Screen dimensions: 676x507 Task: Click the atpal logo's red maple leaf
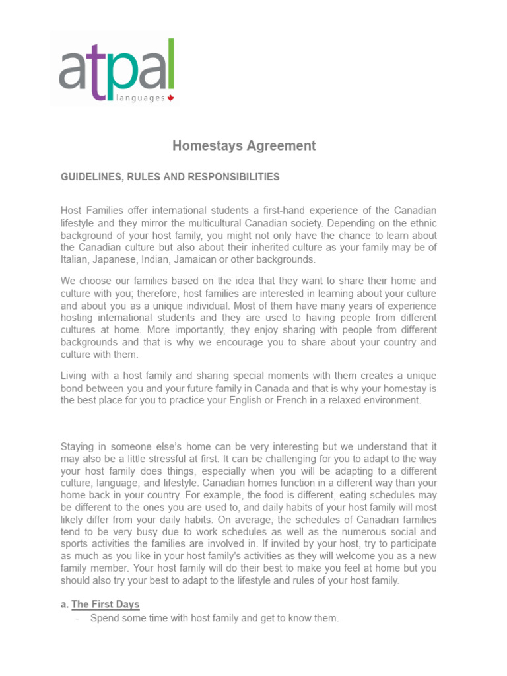pyautogui.click(x=170, y=98)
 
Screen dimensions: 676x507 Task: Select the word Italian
pyautogui.click(x=75, y=259)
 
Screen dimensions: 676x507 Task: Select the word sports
pyautogui.click(x=74, y=544)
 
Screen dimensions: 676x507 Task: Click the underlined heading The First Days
pyautogui.click(x=105, y=604)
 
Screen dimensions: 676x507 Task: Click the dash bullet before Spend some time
pyautogui.click(x=79, y=619)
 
